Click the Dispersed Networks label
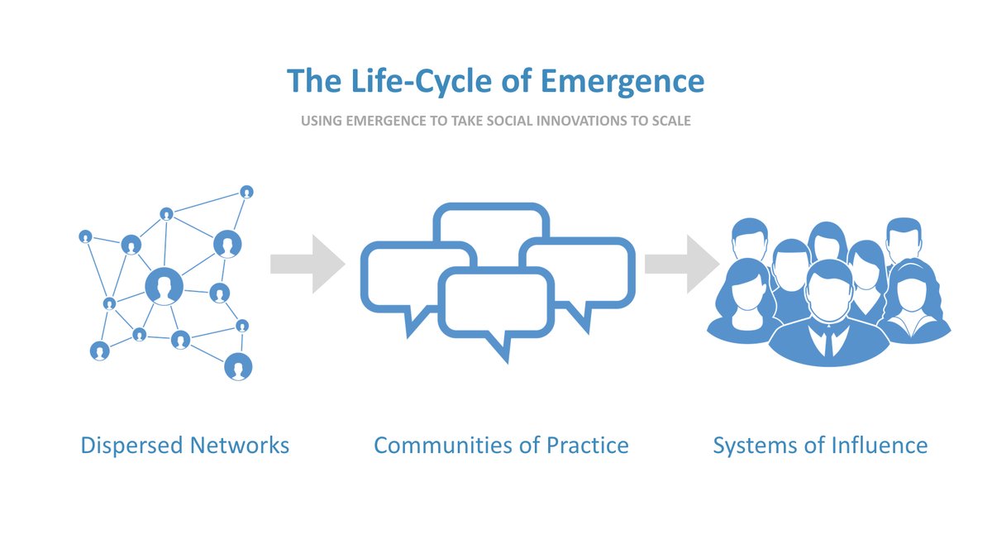point(184,446)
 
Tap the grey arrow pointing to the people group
point(681,264)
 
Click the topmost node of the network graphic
point(246,192)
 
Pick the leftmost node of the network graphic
point(85,236)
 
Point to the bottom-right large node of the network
point(238,366)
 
